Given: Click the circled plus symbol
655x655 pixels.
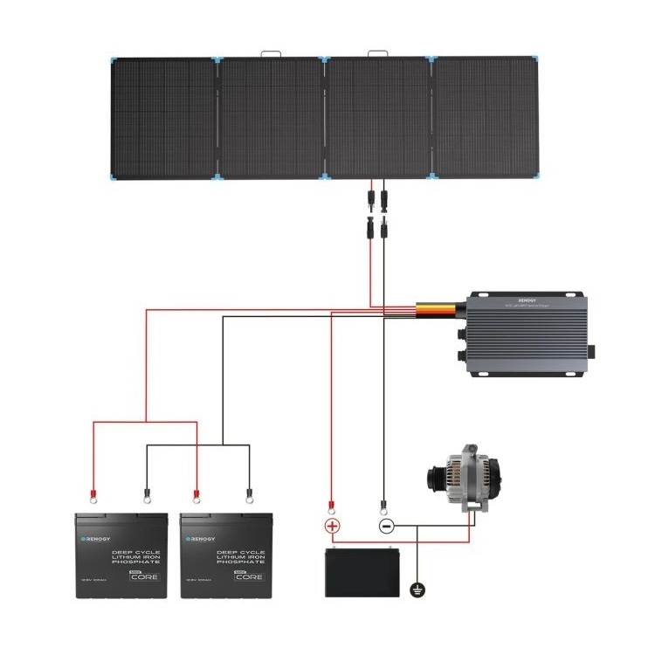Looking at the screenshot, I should click(333, 527).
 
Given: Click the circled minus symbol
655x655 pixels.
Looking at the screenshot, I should click(385, 527).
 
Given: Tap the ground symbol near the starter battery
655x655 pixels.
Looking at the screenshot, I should click(417, 591).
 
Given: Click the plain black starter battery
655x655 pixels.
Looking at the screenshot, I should click(362, 572).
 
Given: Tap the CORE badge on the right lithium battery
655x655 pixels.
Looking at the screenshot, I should click(246, 576).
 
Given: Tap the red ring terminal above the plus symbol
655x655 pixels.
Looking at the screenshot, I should click(330, 505).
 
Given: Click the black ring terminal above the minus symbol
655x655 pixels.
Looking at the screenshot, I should click(383, 505).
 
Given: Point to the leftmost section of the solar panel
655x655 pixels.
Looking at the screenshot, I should click(163, 117).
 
